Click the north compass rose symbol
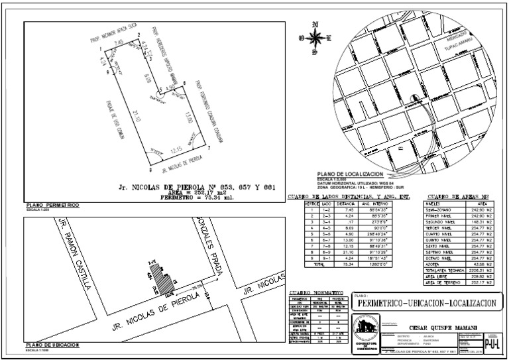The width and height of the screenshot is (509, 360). (x=315, y=37)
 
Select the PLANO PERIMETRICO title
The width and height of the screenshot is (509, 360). (x=52, y=206)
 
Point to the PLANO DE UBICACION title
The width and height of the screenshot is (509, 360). (x=52, y=345)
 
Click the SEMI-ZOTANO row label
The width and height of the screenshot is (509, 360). (x=439, y=210)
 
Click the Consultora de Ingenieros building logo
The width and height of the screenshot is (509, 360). (x=364, y=331)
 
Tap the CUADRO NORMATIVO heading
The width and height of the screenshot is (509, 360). (x=316, y=292)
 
